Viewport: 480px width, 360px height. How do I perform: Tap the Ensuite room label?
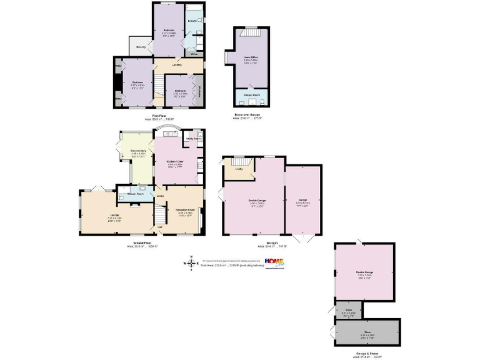coord(193,21)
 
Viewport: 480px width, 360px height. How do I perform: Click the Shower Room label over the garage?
coord(251,96)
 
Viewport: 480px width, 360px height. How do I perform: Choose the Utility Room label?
coord(192,138)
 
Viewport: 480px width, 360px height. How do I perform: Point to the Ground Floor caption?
coord(143,242)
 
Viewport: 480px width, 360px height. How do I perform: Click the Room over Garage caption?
coord(249,115)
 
